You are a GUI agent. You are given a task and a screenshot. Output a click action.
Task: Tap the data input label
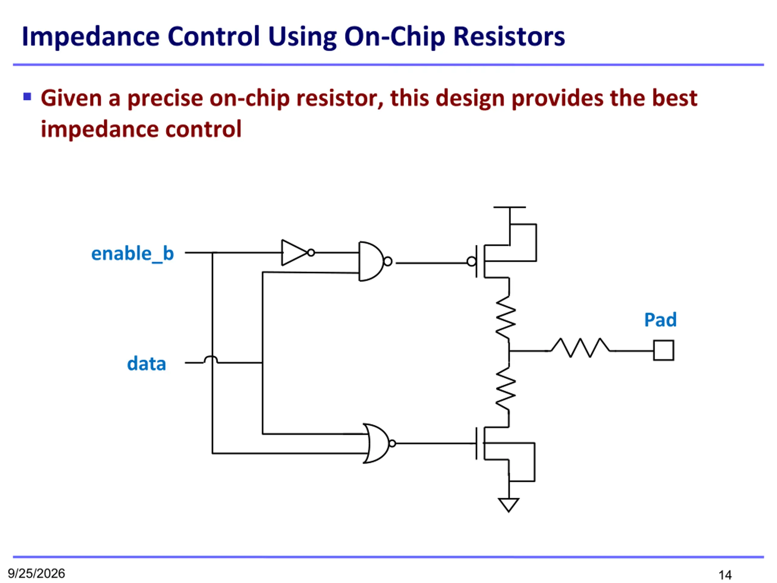click(x=147, y=363)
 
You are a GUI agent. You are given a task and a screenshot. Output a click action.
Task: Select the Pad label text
click(x=660, y=320)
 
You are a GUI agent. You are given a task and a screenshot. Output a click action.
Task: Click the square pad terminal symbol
click(x=663, y=350)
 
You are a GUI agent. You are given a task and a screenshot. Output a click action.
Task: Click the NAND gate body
click(x=371, y=261)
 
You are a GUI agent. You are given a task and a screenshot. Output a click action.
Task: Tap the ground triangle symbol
click(x=509, y=505)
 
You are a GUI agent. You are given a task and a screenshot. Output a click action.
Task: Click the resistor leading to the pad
click(x=580, y=348)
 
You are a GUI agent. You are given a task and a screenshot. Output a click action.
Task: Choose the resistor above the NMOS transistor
click(x=506, y=389)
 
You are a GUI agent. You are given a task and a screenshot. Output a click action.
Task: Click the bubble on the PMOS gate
click(x=472, y=261)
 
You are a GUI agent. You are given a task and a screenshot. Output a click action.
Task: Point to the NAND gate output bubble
click(x=388, y=261)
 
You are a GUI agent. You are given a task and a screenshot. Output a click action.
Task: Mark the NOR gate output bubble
click(x=393, y=444)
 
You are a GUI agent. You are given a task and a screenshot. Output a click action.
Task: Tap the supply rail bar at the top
click(x=509, y=207)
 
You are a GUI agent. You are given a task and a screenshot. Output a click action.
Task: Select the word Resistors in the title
click(x=509, y=36)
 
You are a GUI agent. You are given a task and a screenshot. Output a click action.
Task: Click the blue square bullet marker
click(x=27, y=96)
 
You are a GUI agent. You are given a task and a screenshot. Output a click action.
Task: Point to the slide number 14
click(x=725, y=575)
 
